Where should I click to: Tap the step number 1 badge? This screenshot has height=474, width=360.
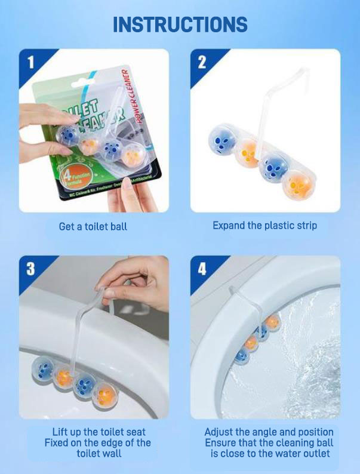click(x=30, y=61)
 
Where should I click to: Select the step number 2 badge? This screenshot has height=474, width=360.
click(x=202, y=61)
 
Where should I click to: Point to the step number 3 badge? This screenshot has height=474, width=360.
click(x=30, y=269)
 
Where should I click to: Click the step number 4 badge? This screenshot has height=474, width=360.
click(x=202, y=269)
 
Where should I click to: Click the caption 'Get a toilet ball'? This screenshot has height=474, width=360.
click(x=93, y=227)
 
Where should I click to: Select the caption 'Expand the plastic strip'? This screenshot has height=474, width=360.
click(x=264, y=226)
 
